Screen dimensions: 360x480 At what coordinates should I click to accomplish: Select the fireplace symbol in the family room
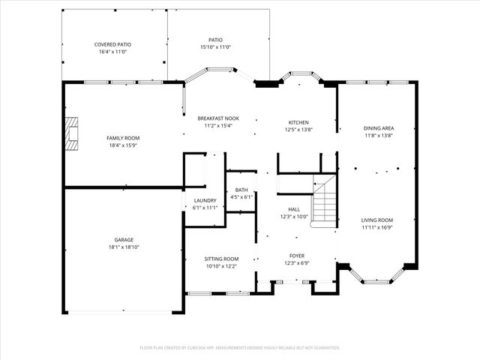[71, 133]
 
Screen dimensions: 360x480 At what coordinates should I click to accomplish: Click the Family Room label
[121, 137]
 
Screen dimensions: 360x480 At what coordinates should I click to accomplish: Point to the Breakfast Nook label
[218, 118]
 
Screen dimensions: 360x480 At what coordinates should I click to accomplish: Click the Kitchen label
[299, 122]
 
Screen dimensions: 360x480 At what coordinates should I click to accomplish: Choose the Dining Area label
[379, 128]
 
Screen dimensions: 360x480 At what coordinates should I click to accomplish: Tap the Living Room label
[377, 220]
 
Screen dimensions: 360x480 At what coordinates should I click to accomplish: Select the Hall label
[294, 209]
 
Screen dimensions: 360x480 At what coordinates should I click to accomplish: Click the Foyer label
[297, 256]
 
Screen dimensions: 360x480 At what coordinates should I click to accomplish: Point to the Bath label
[241, 190]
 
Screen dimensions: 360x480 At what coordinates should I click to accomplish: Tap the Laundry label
[205, 200]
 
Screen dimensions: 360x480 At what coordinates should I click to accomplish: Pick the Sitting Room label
[221, 259]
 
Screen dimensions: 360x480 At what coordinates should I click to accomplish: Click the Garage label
[124, 239]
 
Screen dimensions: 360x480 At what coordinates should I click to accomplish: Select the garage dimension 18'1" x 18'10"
[124, 247]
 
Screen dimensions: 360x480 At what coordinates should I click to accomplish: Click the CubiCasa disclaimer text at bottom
[240, 347]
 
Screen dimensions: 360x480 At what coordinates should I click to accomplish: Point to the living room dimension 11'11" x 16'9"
[377, 227]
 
